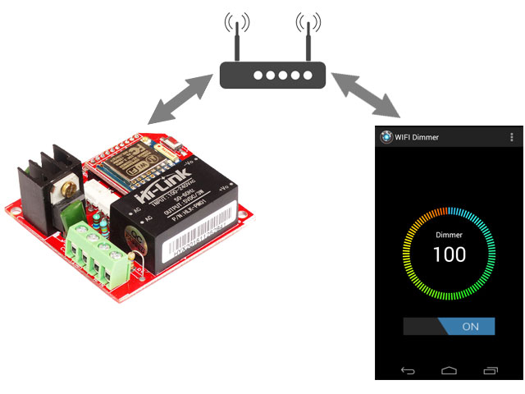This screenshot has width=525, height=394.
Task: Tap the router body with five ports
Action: tap(272, 76)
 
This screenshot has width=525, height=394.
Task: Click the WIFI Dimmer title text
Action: tap(417, 137)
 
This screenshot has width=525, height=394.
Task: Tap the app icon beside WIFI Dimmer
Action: tap(386, 137)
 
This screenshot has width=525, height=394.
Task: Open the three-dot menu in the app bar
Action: tap(512, 137)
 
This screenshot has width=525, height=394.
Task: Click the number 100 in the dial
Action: tap(449, 254)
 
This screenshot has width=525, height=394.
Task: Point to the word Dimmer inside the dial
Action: tap(449, 235)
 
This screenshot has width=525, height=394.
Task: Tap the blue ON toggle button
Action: tap(468, 326)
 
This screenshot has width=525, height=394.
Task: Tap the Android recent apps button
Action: tap(491, 371)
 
